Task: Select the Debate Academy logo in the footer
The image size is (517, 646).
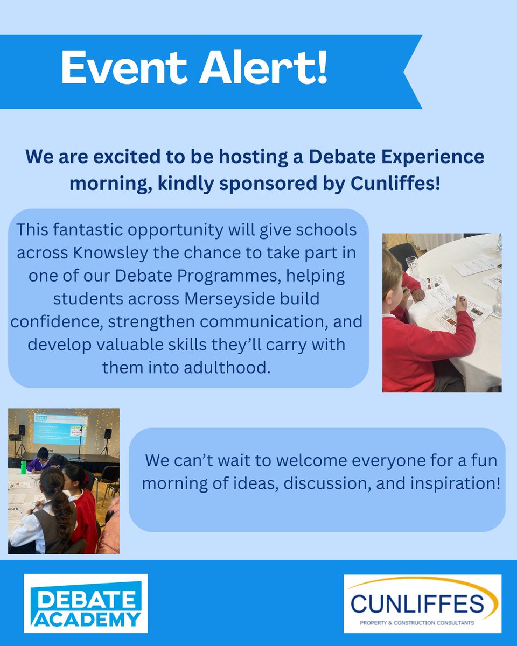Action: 86,603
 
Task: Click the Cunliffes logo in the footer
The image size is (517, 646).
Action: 423,603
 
